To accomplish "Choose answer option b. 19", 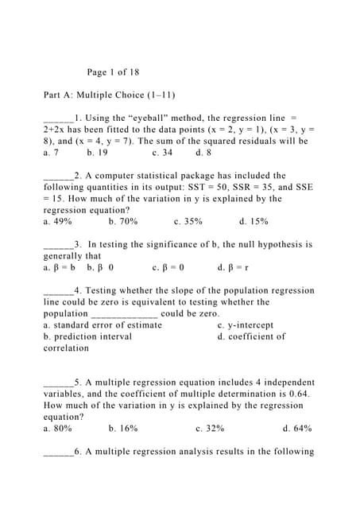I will pyautogui.click(x=98, y=152).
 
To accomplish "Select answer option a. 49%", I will pyautogui.click(x=57, y=222).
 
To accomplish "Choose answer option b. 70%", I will pyautogui.click(x=122, y=222).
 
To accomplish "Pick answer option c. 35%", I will pyautogui.click(x=188, y=222).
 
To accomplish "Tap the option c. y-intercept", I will pyautogui.click(x=245, y=325).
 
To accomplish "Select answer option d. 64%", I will pyautogui.click(x=296, y=429).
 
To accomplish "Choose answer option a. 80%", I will pyautogui.click(x=57, y=429).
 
